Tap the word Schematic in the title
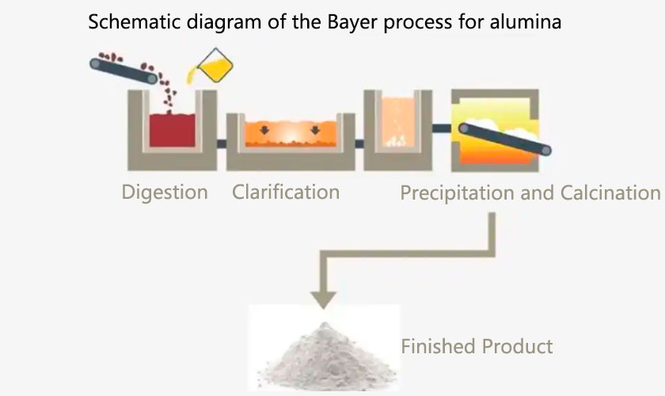point(128,22)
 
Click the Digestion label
point(165,192)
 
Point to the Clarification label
point(286,192)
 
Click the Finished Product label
point(477,346)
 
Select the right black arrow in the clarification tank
point(317,128)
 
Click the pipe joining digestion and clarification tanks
point(222,143)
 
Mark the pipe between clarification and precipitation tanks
point(359,143)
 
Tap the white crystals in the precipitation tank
point(397,141)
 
